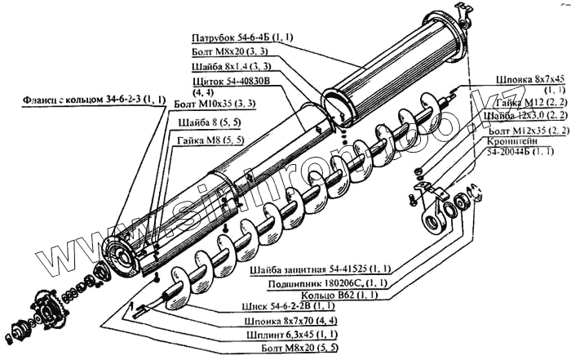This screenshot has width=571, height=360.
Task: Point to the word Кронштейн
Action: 516,140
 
